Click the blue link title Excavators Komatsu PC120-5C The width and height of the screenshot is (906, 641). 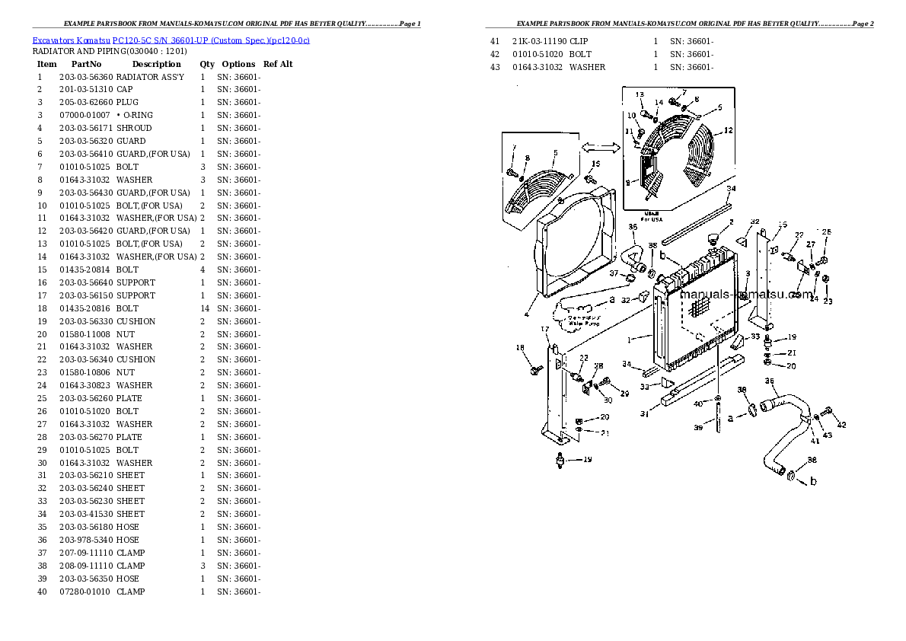click(x=171, y=40)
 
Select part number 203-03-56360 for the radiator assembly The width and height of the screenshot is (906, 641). click(x=85, y=77)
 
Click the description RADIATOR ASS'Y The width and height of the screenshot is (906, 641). click(x=150, y=77)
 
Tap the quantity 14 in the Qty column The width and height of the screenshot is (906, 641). click(x=204, y=308)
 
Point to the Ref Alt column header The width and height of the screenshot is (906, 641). click(x=278, y=64)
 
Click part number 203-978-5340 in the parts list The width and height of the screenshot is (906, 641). click(x=85, y=540)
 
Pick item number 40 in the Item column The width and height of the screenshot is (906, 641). click(x=42, y=592)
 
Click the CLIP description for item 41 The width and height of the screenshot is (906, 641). click(x=579, y=41)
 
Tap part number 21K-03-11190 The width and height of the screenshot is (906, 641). click(x=538, y=41)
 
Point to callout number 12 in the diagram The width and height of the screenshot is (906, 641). click(x=729, y=130)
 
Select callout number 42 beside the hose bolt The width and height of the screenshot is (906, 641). click(x=841, y=424)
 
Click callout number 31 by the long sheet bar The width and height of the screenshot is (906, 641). click(x=644, y=414)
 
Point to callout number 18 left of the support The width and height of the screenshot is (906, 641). click(x=520, y=348)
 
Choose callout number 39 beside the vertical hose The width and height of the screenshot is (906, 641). click(x=697, y=428)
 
